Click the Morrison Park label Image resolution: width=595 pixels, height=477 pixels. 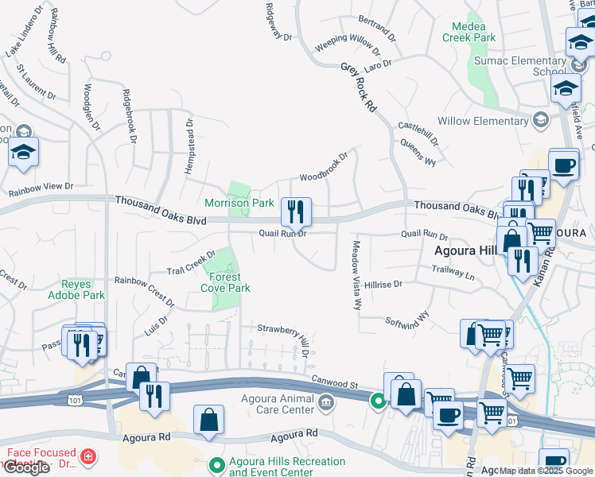(239, 204)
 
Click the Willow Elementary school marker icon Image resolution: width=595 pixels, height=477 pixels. (541, 121)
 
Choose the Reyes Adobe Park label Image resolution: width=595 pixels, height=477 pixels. (83, 289)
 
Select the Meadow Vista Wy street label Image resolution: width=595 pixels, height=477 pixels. (357, 275)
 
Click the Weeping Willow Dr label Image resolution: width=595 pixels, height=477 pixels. (347, 43)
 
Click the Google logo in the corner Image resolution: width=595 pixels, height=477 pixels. (25, 467)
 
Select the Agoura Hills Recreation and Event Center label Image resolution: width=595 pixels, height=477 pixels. (287, 467)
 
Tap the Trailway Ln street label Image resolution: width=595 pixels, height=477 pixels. (453, 272)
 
